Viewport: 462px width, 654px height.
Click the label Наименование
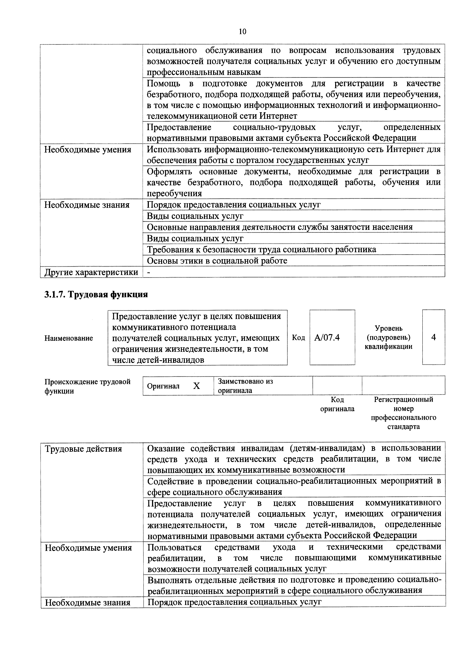point(69,338)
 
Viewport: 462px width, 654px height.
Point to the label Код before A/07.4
point(298,338)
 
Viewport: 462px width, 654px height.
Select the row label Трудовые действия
point(83,449)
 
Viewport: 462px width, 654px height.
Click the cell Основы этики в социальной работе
point(217,261)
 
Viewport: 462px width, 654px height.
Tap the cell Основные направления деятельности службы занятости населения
point(280,227)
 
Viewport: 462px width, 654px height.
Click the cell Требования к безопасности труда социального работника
point(261,249)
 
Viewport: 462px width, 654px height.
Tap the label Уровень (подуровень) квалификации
point(389,338)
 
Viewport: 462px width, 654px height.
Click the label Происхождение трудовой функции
point(87,386)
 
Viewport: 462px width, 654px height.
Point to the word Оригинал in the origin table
point(163,386)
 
